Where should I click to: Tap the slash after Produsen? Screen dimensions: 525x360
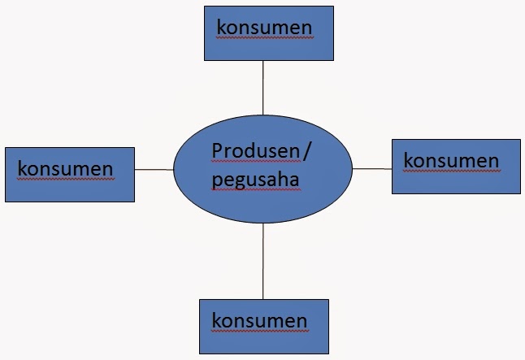pos(307,151)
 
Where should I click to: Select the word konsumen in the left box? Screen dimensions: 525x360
pos(65,168)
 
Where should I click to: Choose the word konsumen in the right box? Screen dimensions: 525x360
pos(451,160)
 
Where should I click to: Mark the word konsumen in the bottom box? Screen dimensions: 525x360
pos(259,319)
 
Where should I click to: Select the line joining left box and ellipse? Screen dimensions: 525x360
pos(154,169)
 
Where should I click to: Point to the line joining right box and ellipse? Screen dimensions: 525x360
pos(371,169)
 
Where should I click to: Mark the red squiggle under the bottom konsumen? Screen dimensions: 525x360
pos(259,329)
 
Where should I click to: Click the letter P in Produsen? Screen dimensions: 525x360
pos(217,151)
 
